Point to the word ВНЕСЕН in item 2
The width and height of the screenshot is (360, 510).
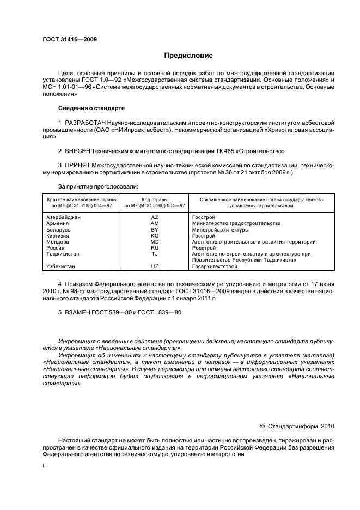[x=79, y=150]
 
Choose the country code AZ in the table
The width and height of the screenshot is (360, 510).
[x=154, y=217]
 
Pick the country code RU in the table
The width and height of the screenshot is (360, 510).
[x=154, y=247]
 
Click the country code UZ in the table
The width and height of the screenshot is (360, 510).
[x=154, y=266]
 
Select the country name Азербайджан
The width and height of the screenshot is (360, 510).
[x=64, y=217]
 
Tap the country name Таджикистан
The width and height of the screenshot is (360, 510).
[x=64, y=254]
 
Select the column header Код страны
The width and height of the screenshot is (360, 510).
[x=154, y=199]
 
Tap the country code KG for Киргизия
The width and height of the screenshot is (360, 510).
[x=154, y=235]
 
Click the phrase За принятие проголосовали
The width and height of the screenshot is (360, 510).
[x=90, y=186]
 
